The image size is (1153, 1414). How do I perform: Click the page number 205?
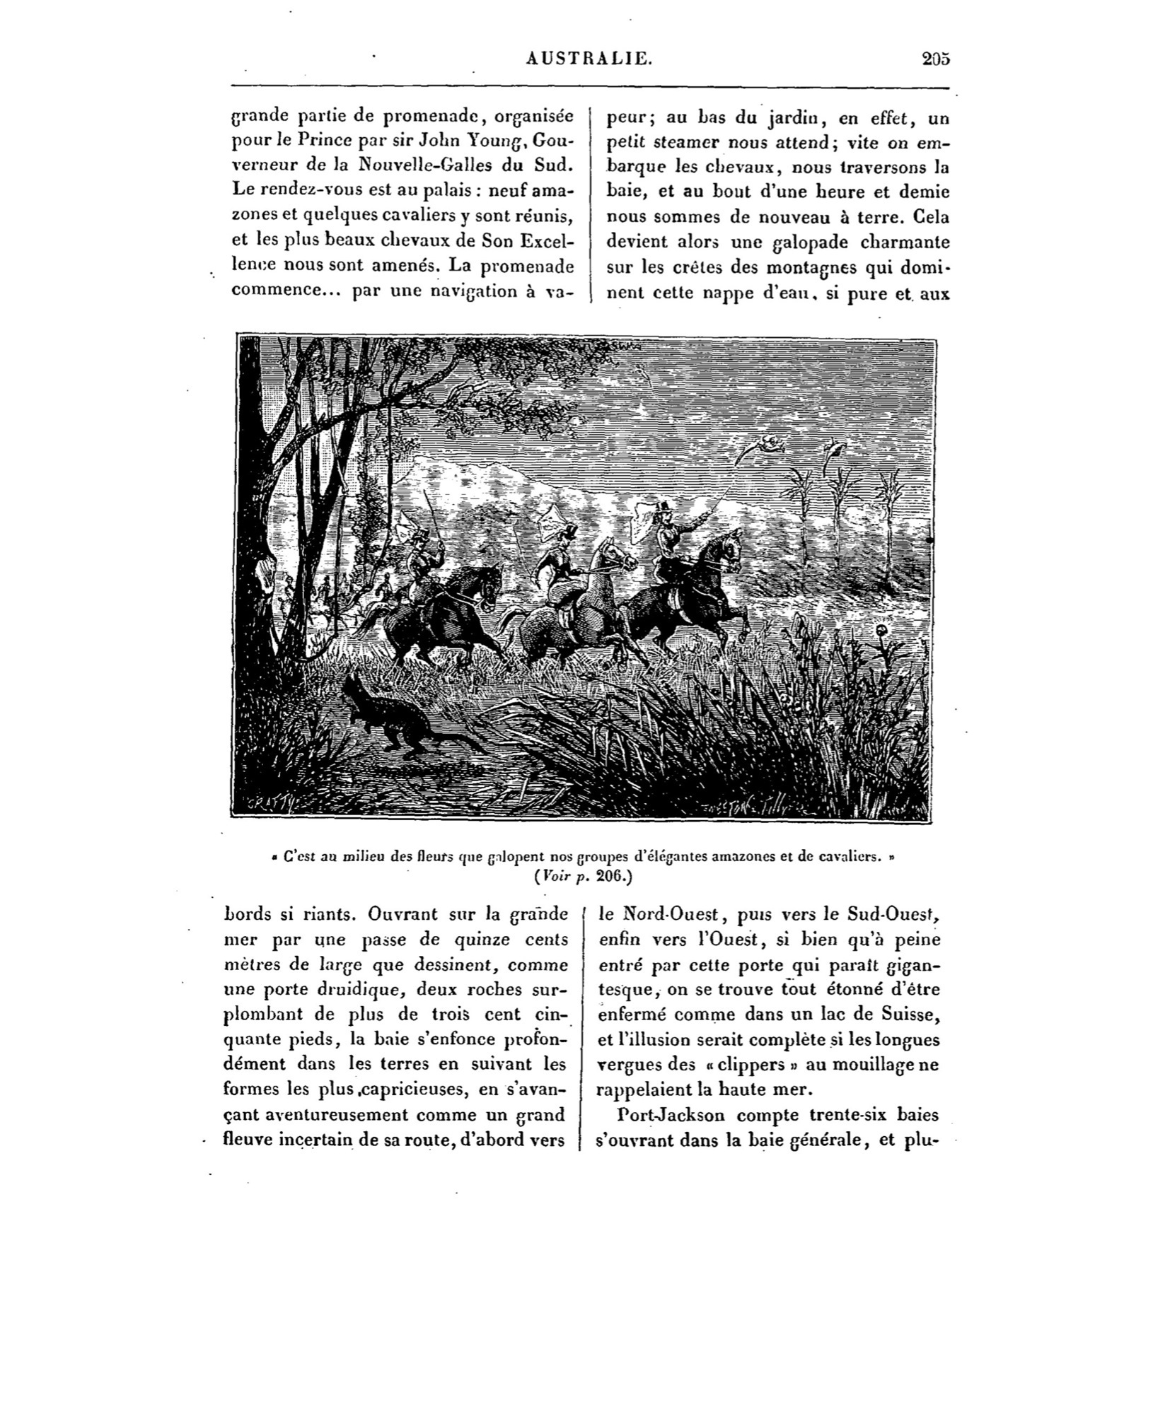point(935,59)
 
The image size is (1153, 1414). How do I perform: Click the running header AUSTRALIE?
point(589,59)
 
